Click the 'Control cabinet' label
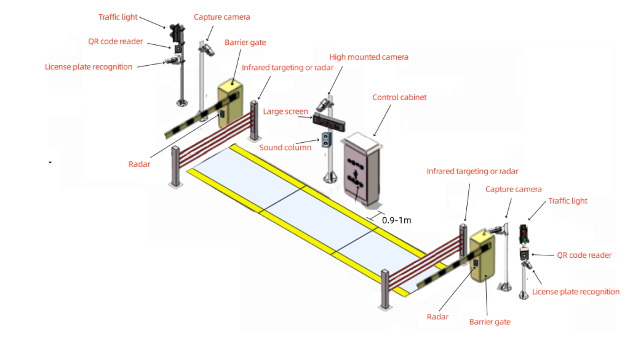(399, 97)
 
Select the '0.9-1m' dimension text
(397, 220)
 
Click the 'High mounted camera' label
(369, 57)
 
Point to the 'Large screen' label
(285, 111)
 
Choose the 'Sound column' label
(285, 148)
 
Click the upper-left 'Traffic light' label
(118, 17)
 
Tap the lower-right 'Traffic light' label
(567, 201)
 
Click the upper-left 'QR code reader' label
(115, 42)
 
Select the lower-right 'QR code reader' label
(584, 255)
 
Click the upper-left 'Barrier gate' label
(245, 42)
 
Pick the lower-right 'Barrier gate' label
(490, 321)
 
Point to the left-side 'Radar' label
(139, 164)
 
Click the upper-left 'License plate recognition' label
(89, 66)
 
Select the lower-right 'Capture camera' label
(513, 189)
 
